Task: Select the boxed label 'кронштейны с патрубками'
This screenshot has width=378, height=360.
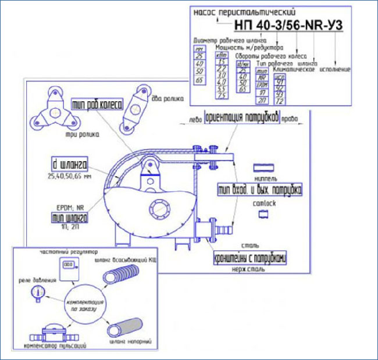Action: coord(252,257)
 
